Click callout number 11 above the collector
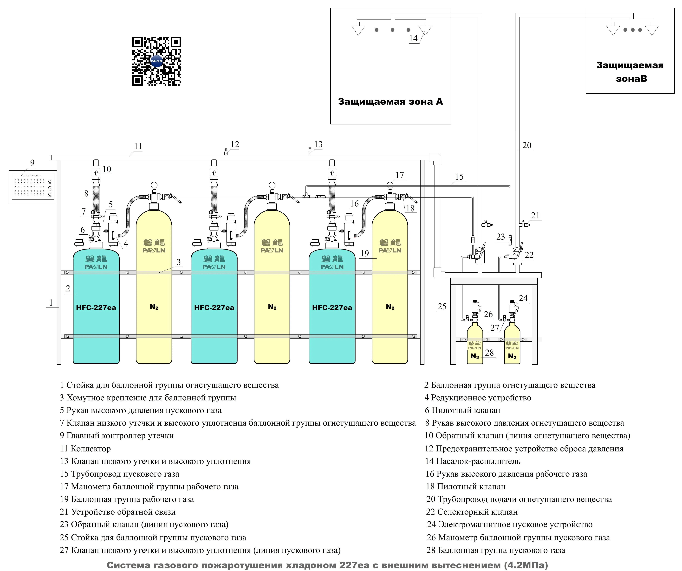pyautogui.click(x=138, y=146)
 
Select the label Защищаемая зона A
pyautogui.click(x=390, y=102)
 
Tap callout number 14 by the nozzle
pyautogui.click(x=413, y=38)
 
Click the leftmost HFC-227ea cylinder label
pyautogui.click(x=96, y=307)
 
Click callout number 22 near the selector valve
pyautogui.click(x=529, y=255)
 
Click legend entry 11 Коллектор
pyautogui.click(x=85, y=449)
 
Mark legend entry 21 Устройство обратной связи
pyautogui.click(x=117, y=512)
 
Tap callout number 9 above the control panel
pyautogui.click(x=32, y=163)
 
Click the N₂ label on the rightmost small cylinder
pyautogui.click(x=512, y=356)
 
